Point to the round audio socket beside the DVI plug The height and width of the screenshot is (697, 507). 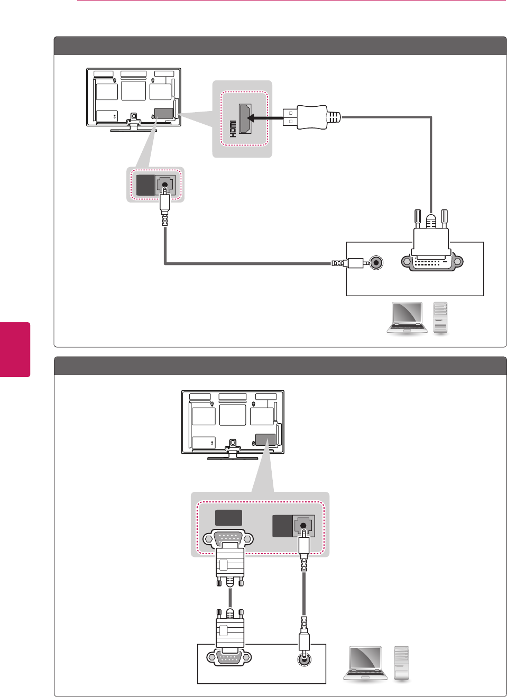[376, 262]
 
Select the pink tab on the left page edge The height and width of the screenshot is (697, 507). [15, 349]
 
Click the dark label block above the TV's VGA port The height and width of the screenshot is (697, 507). [228, 518]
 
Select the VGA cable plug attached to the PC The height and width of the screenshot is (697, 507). [230, 632]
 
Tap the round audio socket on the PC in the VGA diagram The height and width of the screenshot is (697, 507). [304, 659]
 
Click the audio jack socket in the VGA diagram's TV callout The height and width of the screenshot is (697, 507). [303, 526]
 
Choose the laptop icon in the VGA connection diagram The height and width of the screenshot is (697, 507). [365, 663]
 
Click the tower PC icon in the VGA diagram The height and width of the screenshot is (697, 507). [402, 663]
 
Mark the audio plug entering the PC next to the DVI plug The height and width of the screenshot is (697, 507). [348, 263]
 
